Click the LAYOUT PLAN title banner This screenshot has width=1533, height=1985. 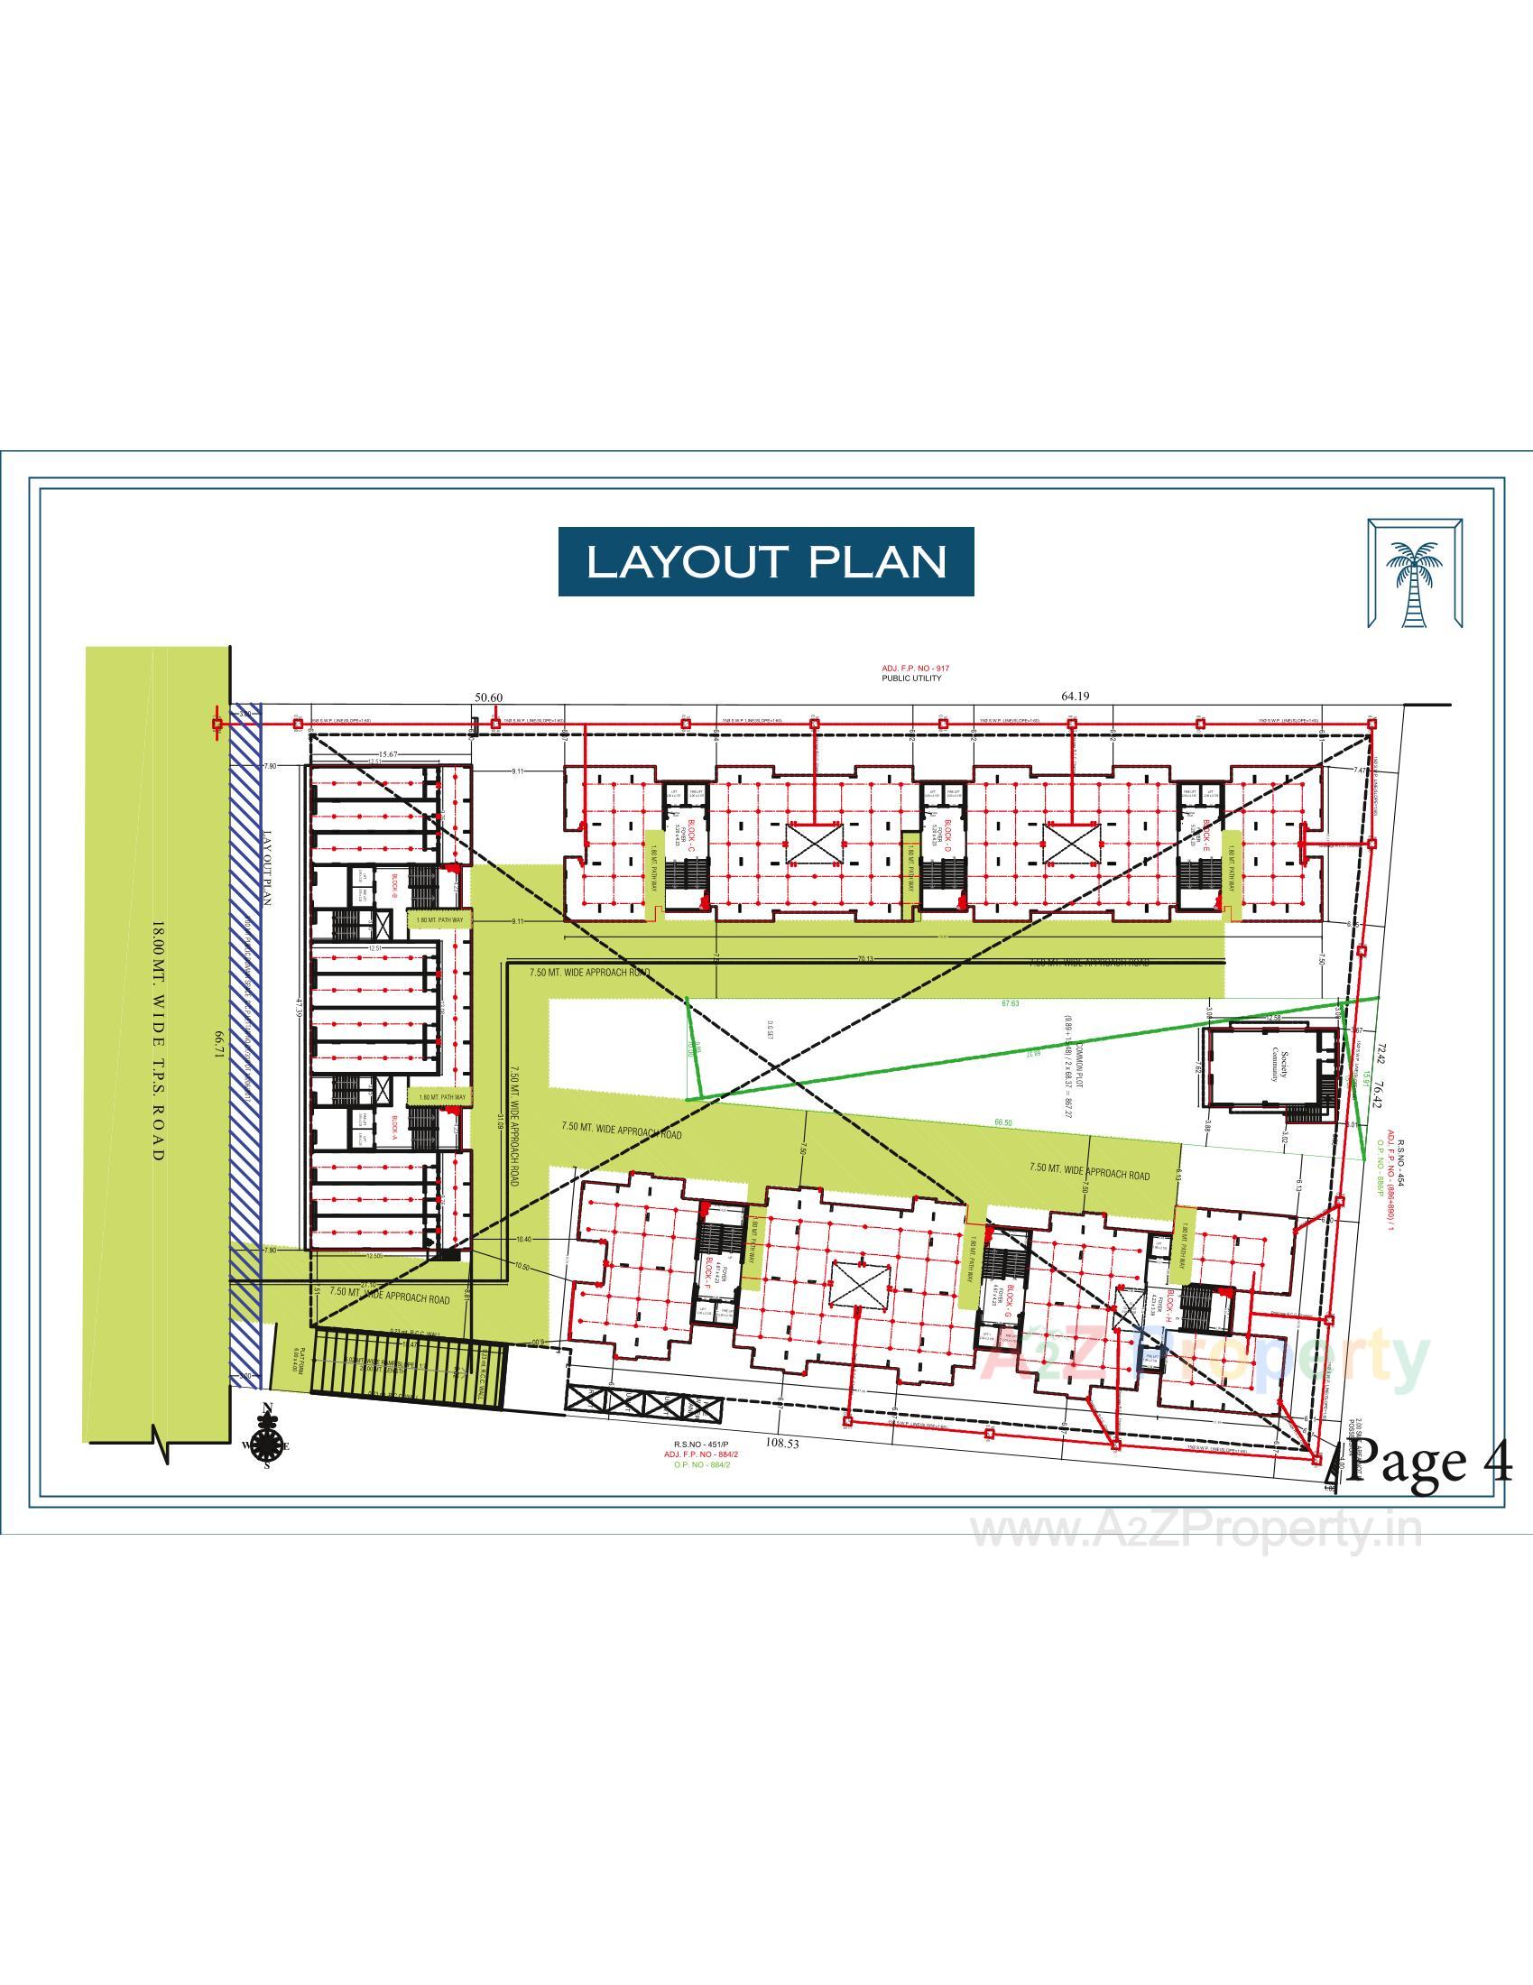click(765, 562)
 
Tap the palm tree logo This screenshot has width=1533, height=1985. click(1415, 572)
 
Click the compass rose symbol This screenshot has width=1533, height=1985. click(266, 1443)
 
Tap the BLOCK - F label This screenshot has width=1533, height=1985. click(706, 1272)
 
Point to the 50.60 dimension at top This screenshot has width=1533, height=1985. click(488, 697)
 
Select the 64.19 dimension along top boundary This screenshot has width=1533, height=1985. click(1074, 696)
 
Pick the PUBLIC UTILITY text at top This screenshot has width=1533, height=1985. click(911, 678)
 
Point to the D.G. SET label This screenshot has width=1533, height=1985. click(770, 1029)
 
